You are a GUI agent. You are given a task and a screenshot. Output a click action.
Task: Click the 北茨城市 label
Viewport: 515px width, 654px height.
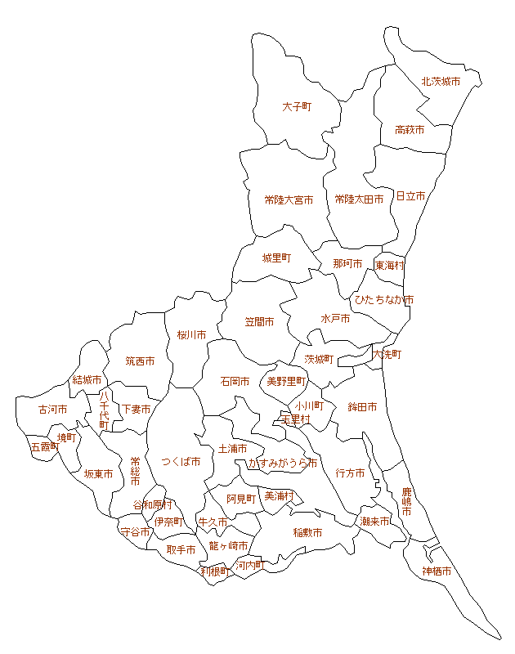pyautogui.click(x=441, y=82)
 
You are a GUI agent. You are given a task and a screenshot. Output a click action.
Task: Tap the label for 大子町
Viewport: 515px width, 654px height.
pyautogui.click(x=298, y=107)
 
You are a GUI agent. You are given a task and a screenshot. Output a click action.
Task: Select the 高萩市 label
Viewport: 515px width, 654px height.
pyautogui.click(x=409, y=130)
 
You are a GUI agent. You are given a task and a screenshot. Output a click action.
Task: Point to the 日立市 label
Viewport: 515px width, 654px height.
pyautogui.click(x=410, y=196)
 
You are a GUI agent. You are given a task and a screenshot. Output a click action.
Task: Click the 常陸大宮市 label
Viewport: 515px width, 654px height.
pyautogui.click(x=289, y=199)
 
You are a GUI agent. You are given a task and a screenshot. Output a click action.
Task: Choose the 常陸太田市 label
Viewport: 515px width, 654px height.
pyautogui.click(x=359, y=199)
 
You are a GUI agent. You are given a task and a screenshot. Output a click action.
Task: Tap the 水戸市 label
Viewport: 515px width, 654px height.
pyautogui.click(x=335, y=319)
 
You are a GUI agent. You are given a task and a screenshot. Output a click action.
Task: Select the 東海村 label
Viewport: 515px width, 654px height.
pyautogui.click(x=389, y=266)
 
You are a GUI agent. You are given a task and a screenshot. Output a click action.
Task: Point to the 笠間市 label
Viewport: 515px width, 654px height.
pyautogui.click(x=259, y=322)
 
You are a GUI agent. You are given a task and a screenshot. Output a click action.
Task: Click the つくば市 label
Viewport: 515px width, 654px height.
pyautogui.click(x=181, y=462)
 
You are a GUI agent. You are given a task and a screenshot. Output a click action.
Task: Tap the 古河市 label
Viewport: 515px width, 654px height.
pyautogui.click(x=53, y=409)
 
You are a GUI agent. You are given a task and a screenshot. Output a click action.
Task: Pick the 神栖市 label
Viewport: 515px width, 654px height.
pyautogui.click(x=437, y=571)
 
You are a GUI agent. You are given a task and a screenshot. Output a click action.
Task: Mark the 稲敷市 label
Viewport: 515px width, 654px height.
pyautogui.click(x=307, y=532)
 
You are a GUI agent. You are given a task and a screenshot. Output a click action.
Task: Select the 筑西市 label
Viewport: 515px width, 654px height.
pyautogui.click(x=140, y=361)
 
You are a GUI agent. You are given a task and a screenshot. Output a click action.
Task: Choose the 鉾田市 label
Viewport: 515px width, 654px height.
pyautogui.click(x=362, y=406)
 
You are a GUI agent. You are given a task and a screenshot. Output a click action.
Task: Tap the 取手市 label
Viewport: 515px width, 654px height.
pyautogui.click(x=181, y=550)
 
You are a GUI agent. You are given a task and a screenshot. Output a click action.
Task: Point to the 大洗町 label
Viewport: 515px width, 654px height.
pyautogui.click(x=387, y=355)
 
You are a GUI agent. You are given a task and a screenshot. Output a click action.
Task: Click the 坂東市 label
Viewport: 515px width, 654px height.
pyautogui.click(x=98, y=473)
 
